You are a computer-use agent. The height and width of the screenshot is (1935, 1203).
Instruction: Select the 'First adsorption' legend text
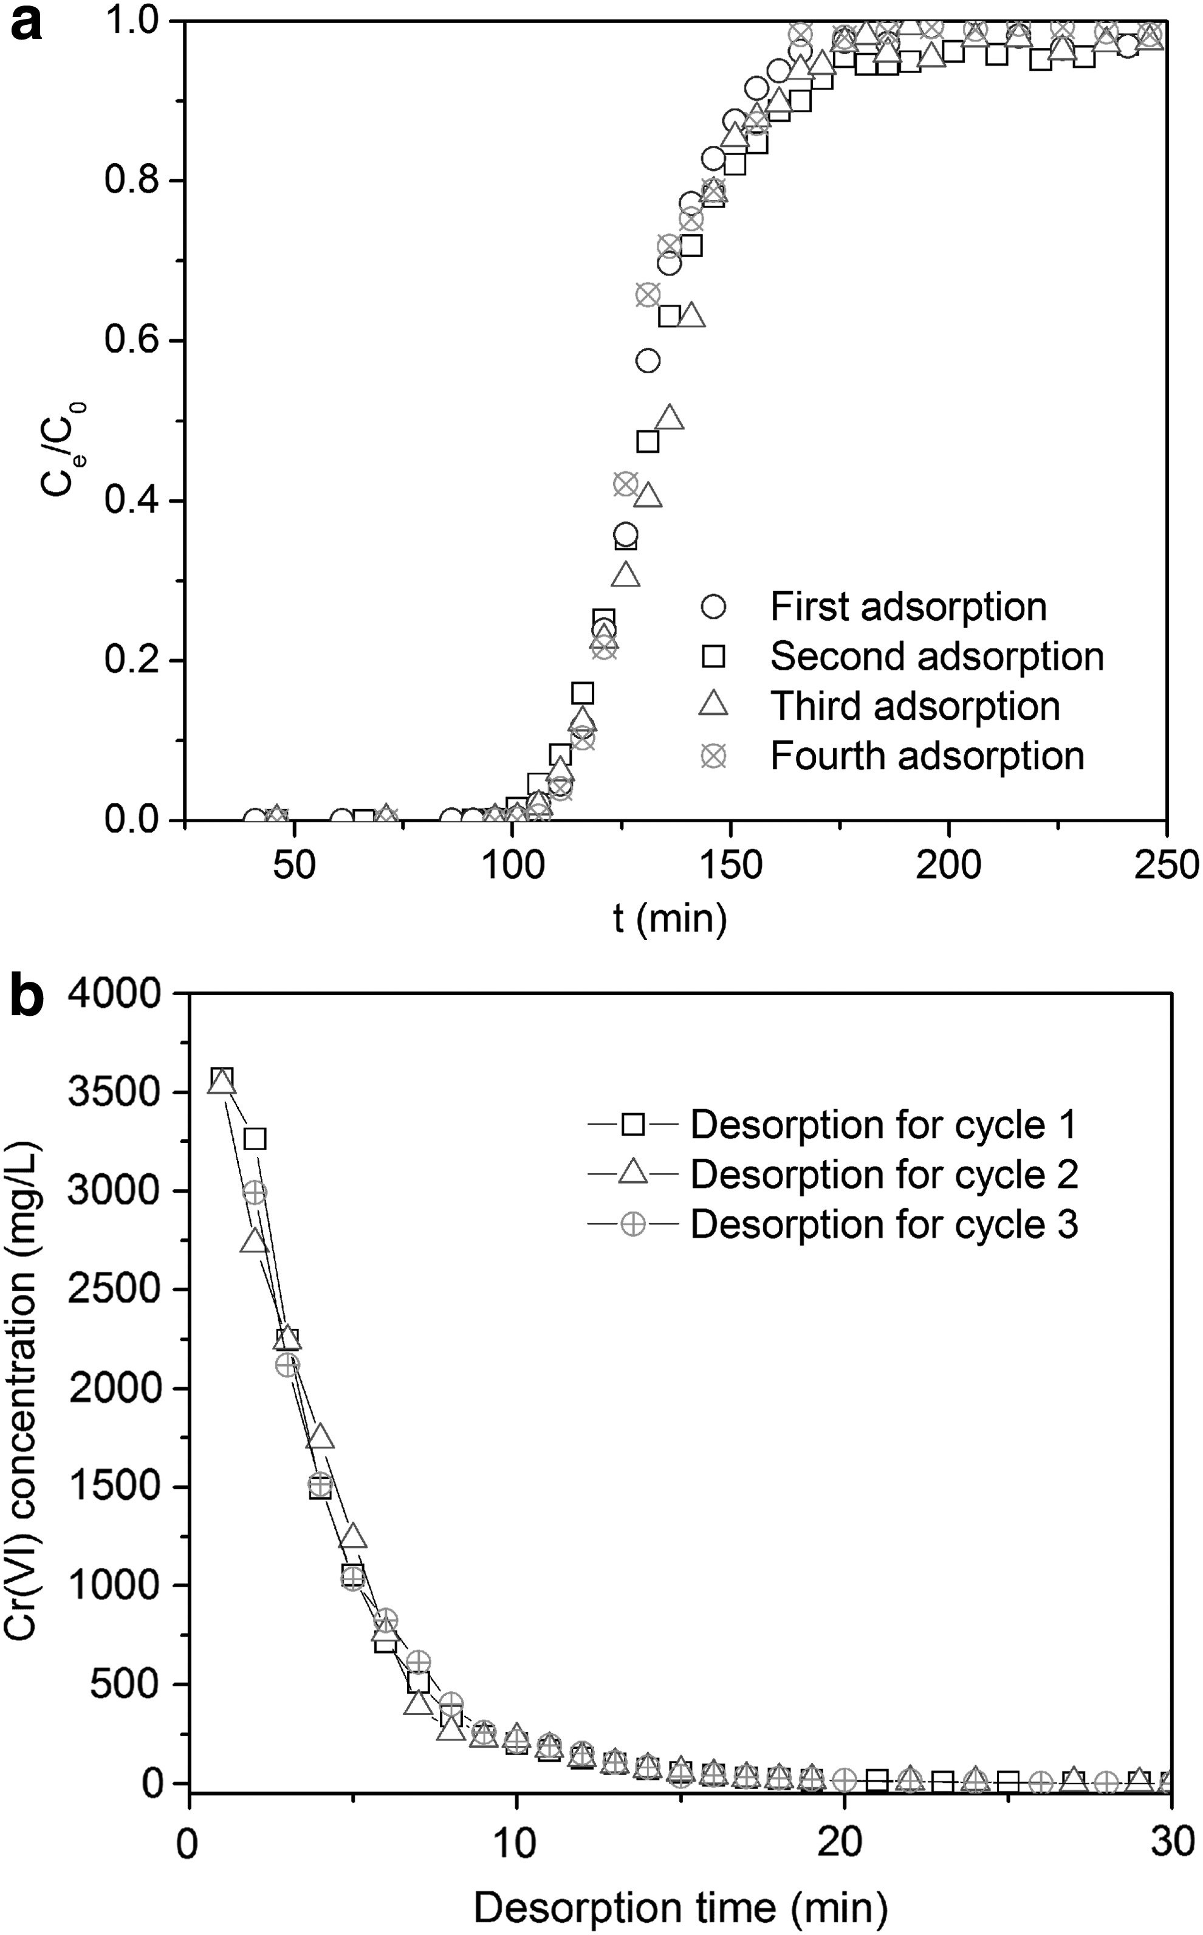click(908, 607)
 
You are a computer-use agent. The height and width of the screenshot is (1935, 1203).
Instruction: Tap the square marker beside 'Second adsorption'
click(714, 657)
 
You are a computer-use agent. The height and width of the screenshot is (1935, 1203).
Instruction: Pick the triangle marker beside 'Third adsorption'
click(714, 705)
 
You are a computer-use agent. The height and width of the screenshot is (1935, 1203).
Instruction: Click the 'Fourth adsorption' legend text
click(928, 756)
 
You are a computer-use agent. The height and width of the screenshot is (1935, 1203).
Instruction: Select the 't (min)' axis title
click(670, 919)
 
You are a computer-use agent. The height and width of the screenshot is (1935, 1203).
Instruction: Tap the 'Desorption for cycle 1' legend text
click(884, 1125)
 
